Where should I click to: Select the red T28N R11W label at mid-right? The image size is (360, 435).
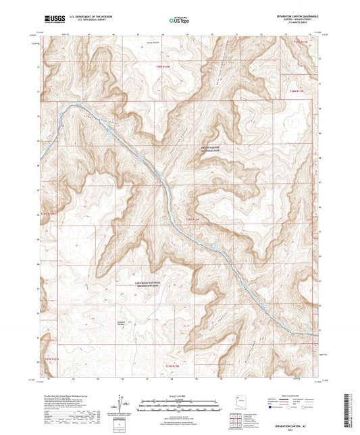297,88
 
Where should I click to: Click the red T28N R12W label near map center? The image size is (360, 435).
194,219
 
